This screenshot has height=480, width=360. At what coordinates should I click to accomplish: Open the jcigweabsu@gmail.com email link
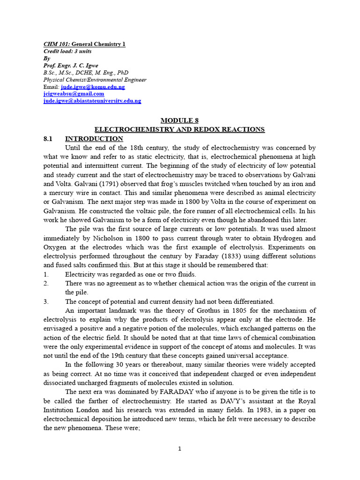point(74,94)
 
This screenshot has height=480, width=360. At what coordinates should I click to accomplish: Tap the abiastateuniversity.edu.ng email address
point(92,101)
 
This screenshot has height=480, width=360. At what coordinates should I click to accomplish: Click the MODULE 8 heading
point(180,120)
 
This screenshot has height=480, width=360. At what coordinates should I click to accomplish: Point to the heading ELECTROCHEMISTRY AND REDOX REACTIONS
point(180,129)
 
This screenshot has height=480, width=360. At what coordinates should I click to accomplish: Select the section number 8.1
point(49,139)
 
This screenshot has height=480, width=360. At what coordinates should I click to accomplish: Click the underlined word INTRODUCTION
point(94,139)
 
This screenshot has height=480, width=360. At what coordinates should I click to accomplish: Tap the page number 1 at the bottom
point(180,449)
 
